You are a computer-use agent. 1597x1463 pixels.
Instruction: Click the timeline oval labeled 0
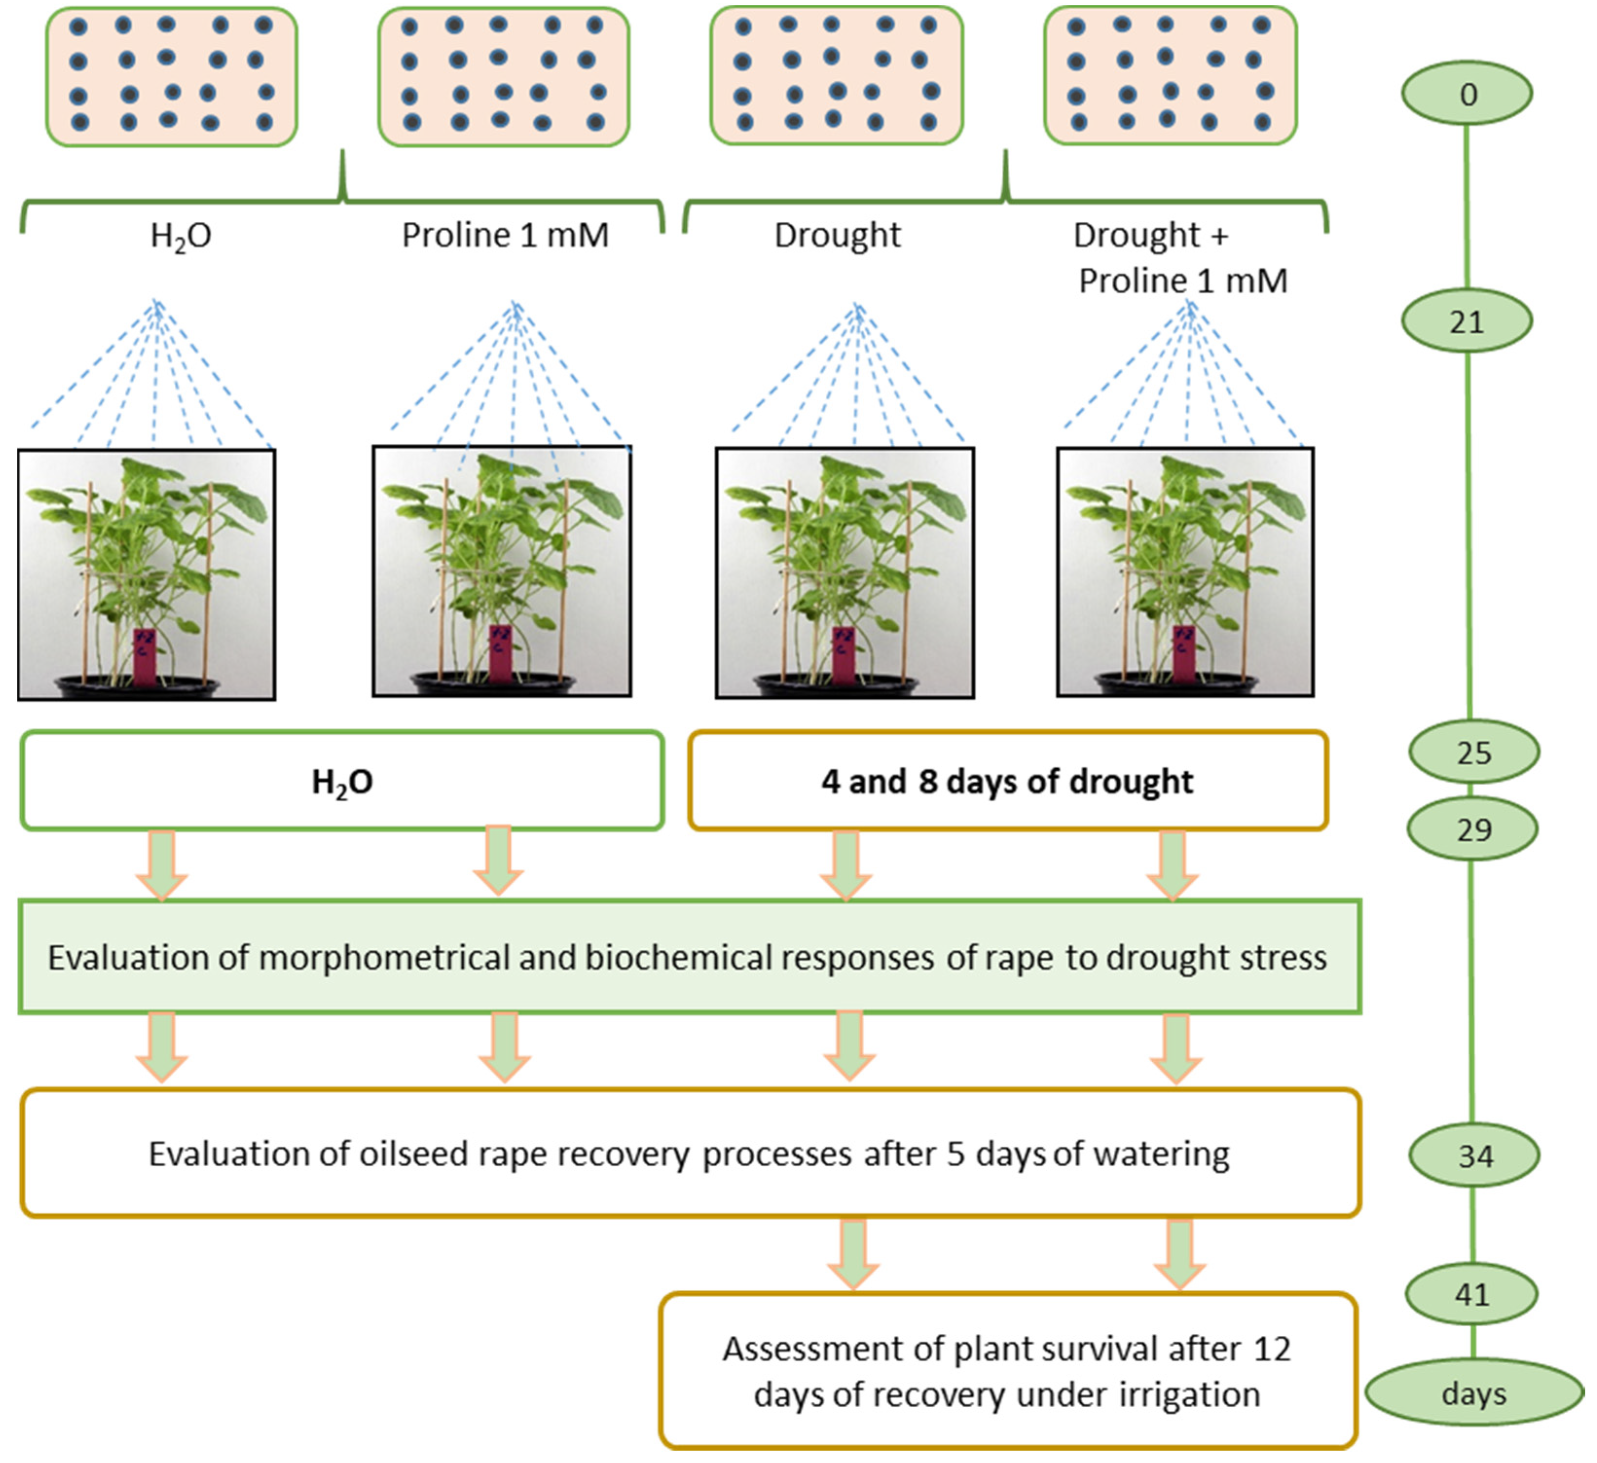click(x=1466, y=93)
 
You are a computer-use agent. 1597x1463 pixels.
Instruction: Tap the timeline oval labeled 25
click(x=1473, y=752)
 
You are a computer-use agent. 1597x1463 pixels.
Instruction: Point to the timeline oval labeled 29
click(x=1473, y=829)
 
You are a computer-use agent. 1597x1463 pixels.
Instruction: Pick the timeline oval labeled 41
click(x=1472, y=1294)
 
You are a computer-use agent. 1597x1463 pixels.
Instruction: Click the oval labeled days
click(x=1473, y=1393)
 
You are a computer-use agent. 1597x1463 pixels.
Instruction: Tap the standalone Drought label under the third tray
click(x=837, y=235)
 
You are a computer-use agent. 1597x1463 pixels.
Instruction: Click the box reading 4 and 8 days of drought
click(x=1007, y=781)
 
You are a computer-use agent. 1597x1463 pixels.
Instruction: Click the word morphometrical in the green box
click(x=385, y=957)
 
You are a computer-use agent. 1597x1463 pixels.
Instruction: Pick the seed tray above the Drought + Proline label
click(x=1170, y=76)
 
